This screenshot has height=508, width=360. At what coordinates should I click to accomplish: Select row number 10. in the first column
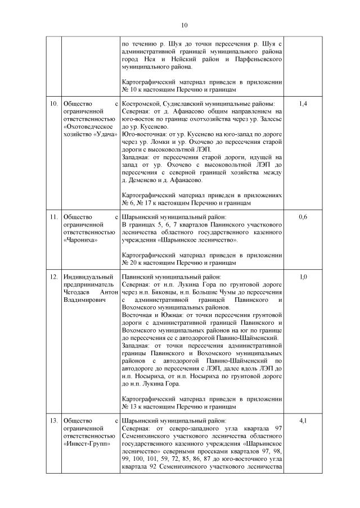(53, 104)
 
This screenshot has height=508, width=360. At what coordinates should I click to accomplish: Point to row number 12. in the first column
(53, 277)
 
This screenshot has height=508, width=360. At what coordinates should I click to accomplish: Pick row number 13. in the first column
(53, 421)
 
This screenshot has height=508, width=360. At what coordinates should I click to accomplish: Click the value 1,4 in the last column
(303, 104)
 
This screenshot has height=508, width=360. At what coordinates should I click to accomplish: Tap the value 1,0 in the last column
(303, 277)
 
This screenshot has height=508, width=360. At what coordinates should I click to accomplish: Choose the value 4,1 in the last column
(303, 421)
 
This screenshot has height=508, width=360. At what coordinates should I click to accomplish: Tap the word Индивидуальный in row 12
(87, 277)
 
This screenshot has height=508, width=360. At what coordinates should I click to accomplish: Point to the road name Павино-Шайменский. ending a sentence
(247, 338)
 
